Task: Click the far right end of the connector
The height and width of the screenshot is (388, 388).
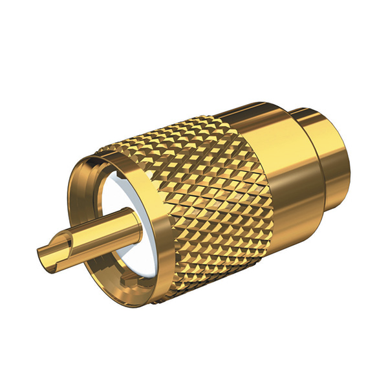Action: click(x=350, y=155)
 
